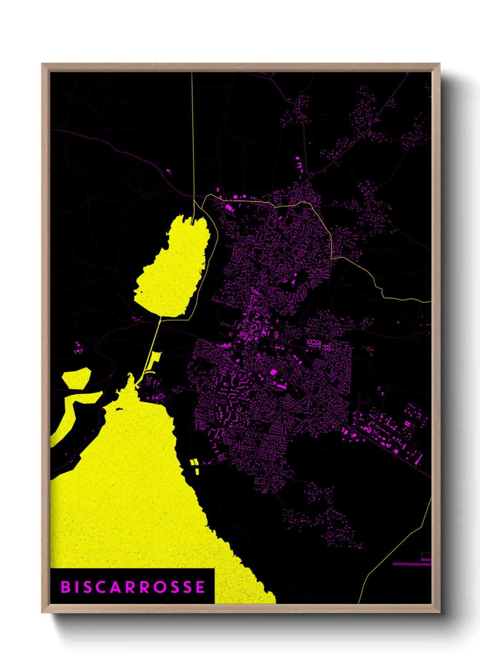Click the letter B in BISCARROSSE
pyautogui.click(x=66, y=587)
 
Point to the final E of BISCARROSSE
pyautogui.click(x=200, y=587)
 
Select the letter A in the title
pyautogui.click(x=115, y=587)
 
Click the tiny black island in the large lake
pyautogui.click(x=119, y=409)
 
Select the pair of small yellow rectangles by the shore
pyautogui.click(x=195, y=466)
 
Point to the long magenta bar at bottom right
pyautogui.click(x=411, y=564)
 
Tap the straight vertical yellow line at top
pyautogui.click(x=192, y=136)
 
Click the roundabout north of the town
pyautogui.click(x=312, y=174)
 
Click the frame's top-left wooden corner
pyautogui.click(x=45, y=67)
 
